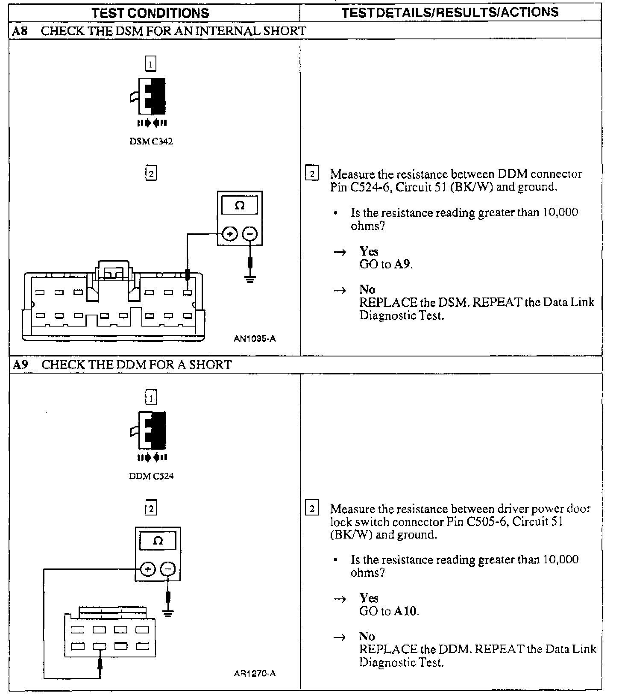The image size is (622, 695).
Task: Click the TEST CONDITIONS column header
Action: point(150,13)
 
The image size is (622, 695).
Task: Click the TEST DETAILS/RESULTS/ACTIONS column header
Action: point(450,12)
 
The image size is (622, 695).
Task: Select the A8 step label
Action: point(20,31)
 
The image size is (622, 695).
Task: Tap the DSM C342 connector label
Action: point(151,141)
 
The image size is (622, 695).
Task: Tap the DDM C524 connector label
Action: point(151,476)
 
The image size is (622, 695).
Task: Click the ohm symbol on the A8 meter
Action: point(240,206)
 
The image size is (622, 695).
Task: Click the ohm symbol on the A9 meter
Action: point(158,541)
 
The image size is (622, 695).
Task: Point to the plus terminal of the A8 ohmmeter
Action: point(230,234)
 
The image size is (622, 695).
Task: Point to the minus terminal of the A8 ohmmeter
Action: point(250,234)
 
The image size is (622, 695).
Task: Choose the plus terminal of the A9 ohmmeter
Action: point(148,569)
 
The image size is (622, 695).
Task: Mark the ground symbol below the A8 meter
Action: point(250,280)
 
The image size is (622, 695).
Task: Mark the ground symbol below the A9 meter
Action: point(168,614)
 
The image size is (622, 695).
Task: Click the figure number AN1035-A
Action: point(255,339)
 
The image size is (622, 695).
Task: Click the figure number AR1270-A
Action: point(255,674)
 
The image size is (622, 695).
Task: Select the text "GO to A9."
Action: point(386,264)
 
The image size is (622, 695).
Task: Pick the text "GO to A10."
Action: point(389,611)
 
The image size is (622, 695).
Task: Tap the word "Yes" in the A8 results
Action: point(369,251)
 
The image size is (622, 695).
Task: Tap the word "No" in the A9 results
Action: point(367,636)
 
